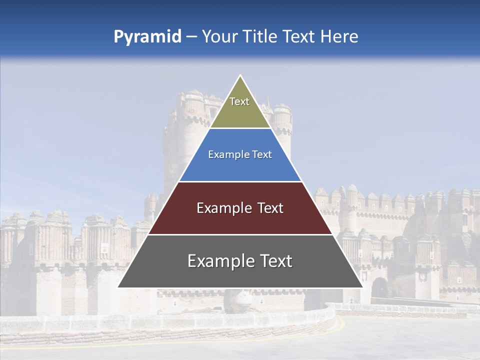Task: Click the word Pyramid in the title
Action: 147,36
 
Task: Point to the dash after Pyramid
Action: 191,37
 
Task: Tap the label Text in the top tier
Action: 239,101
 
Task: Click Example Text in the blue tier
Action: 240,154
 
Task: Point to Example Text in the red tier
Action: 240,208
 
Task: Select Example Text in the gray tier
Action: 240,261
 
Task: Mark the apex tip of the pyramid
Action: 240,76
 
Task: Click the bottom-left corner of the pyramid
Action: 118,287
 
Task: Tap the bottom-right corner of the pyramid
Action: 362,287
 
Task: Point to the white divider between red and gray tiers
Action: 240,234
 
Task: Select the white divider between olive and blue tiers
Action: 240,128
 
